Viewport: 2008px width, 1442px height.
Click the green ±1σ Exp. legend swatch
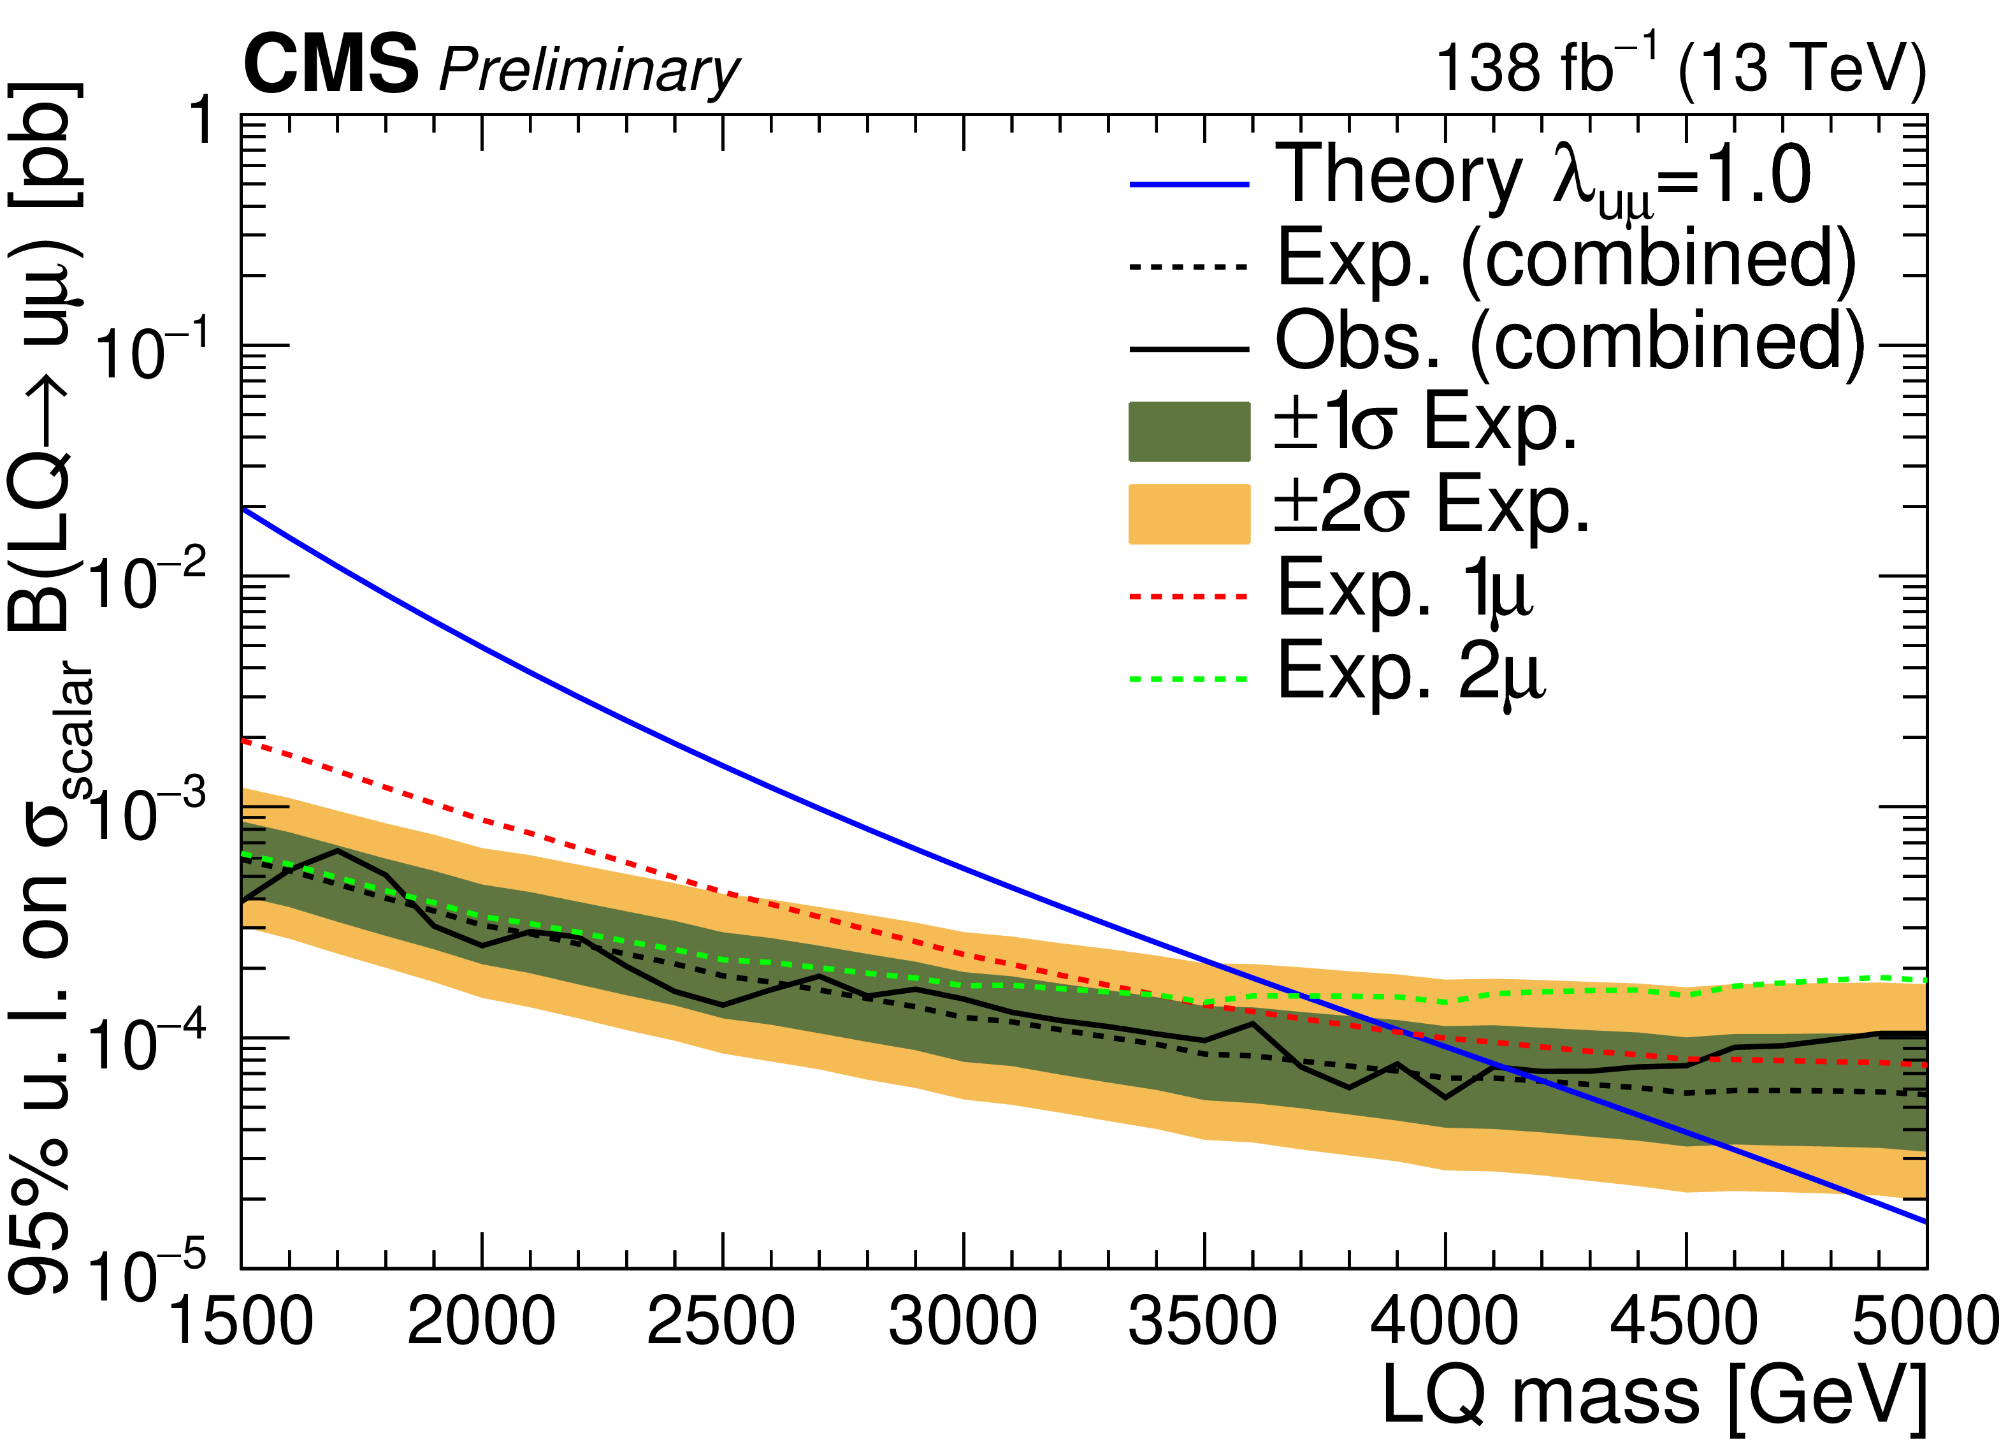[1189, 432]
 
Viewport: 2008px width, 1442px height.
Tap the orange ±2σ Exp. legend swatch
[1189, 514]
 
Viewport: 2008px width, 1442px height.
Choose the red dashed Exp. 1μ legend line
[1189, 597]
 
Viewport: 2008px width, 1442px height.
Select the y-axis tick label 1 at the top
[204, 120]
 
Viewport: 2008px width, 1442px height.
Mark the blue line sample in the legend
[1189, 184]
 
